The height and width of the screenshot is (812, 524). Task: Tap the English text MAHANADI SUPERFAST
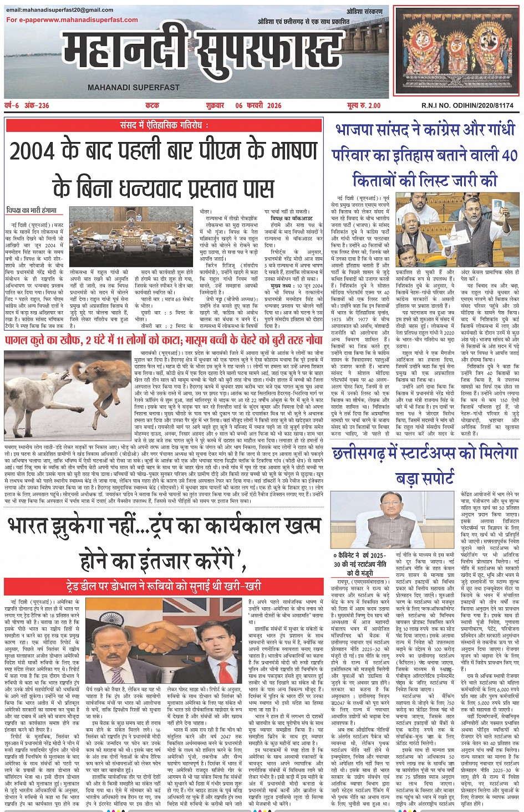pos(134,88)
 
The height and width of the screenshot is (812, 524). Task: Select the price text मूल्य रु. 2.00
pos(364,105)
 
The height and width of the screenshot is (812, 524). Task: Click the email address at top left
pos(60,10)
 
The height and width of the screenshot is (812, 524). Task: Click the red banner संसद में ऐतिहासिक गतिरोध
pos(164,125)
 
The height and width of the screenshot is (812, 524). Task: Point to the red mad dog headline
pos(164,339)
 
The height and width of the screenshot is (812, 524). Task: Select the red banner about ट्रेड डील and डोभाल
pos(163,585)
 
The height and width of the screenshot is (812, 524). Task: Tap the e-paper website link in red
pos(72,20)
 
